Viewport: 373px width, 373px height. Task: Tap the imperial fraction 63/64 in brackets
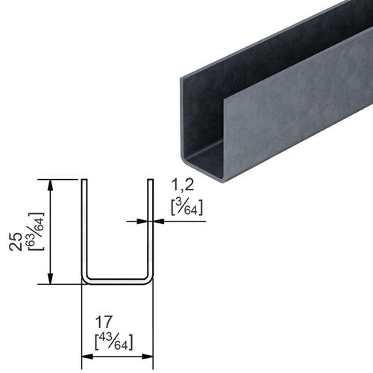[35, 232]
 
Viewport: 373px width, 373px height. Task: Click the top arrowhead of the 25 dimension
[50, 184]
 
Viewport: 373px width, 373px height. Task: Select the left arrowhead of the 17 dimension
[85, 357]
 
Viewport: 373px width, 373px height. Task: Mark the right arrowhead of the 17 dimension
[148, 357]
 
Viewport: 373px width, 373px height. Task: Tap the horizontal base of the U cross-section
[116, 281]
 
